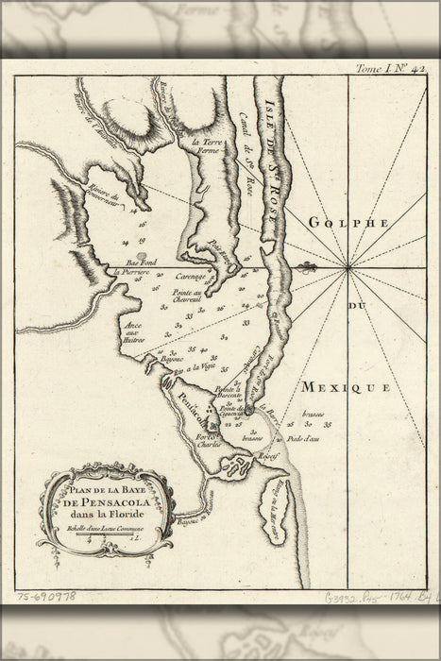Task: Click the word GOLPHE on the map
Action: (x=348, y=222)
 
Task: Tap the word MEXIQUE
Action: (x=347, y=387)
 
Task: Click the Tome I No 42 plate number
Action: (x=387, y=68)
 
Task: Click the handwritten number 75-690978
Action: (x=45, y=597)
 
